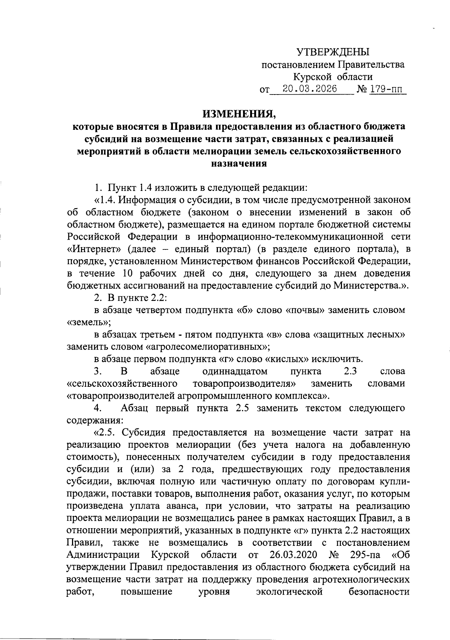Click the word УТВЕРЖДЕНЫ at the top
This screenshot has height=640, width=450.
[x=333, y=52]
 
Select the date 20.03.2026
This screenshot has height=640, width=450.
[x=310, y=89]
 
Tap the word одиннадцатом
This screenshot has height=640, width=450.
[x=235, y=371]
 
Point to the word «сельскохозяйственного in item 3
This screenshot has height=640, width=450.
[x=122, y=384]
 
